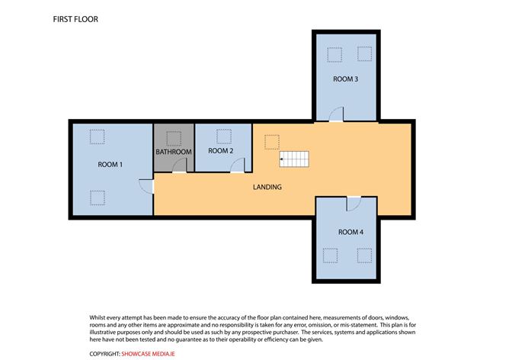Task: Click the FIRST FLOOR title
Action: [x=75, y=18]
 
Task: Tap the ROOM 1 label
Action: [x=110, y=165]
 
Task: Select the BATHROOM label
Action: [x=174, y=152]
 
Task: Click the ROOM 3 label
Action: [x=345, y=79]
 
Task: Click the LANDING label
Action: [x=267, y=187]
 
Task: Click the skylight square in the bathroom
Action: [x=174, y=137]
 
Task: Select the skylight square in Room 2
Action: [x=223, y=136]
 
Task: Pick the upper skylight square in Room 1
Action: [x=97, y=136]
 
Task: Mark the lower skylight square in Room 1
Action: [x=97, y=198]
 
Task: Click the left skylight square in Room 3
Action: [x=333, y=54]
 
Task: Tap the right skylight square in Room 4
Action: [x=364, y=254]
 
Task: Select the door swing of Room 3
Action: [x=336, y=114]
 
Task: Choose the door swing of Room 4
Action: [x=353, y=204]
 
